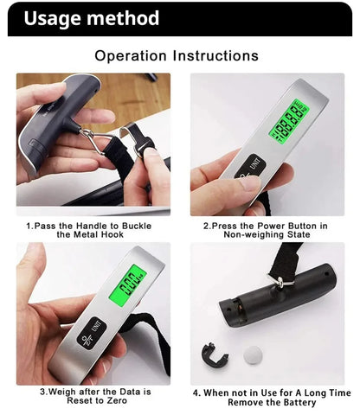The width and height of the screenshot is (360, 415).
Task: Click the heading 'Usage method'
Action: click(91, 18)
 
